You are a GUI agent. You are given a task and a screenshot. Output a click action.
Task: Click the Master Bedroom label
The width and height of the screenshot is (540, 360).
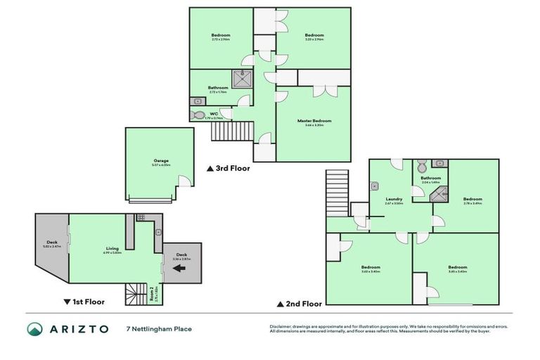pos(314,121)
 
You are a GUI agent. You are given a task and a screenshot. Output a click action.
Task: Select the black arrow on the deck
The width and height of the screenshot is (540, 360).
pos(180,268)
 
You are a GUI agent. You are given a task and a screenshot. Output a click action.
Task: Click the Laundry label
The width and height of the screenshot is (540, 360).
pos(394,200)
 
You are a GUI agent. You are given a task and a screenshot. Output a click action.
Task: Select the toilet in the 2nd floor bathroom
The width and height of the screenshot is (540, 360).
pos(420,167)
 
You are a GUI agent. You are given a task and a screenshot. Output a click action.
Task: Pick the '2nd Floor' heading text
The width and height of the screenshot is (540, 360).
pos(302,304)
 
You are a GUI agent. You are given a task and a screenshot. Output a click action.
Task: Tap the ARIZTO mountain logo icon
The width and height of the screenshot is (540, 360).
pos(34,329)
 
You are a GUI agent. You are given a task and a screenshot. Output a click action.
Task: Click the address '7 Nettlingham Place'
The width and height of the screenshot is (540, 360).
pos(159,329)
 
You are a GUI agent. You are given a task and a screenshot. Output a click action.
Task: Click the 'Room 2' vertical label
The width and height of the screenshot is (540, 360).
pos(155,293)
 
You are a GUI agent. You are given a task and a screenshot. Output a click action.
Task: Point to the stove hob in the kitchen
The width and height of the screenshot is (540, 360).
pos(141,217)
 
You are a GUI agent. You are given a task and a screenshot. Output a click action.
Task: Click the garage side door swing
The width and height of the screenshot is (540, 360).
pos(184,182)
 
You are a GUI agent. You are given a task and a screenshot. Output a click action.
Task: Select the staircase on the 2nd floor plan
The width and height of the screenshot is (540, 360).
pos(337,194)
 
